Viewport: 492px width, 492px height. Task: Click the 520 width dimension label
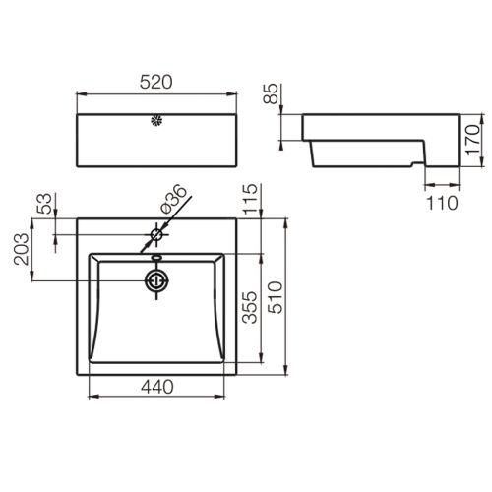click(155, 82)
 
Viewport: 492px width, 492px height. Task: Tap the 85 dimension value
click(271, 93)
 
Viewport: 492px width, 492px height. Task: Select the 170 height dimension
click(472, 140)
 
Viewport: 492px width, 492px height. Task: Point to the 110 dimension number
click(442, 203)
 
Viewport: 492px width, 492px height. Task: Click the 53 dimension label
click(44, 204)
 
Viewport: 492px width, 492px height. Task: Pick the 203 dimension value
click(22, 249)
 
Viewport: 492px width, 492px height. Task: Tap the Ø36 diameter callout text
click(173, 199)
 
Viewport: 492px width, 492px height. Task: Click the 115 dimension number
click(250, 199)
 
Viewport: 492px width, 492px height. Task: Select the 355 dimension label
click(250, 307)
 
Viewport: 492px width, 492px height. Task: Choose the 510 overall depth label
click(275, 297)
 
